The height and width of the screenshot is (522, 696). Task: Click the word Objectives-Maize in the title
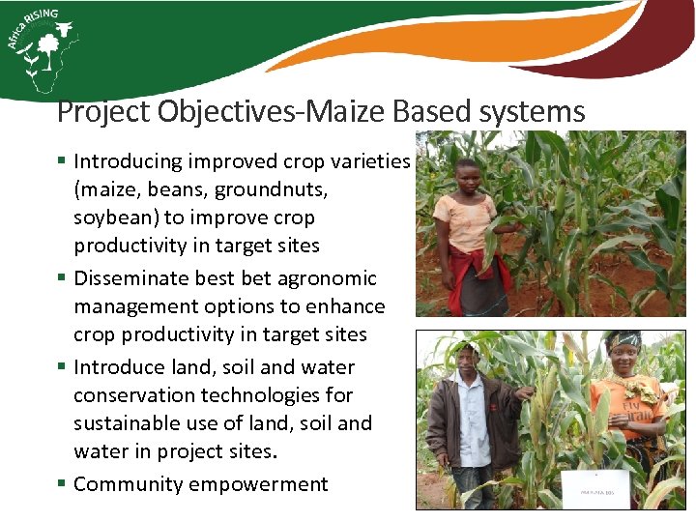[x=280, y=112]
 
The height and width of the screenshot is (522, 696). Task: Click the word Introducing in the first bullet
[x=127, y=161]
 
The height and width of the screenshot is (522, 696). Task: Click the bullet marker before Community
[x=61, y=483]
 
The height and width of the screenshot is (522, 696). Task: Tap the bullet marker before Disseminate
[x=61, y=278]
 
